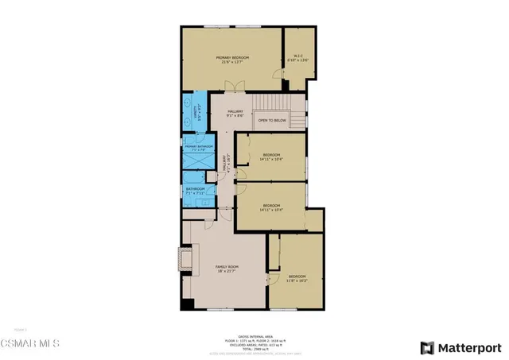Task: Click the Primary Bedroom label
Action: click(234, 60)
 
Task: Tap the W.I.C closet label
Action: click(297, 57)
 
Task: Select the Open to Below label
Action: click(272, 121)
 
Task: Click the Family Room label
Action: click(227, 269)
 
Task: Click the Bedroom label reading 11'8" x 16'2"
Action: click(297, 278)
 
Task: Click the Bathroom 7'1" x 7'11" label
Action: click(195, 191)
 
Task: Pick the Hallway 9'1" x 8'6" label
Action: click(235, 114)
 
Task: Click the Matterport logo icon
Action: click(427, 347)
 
